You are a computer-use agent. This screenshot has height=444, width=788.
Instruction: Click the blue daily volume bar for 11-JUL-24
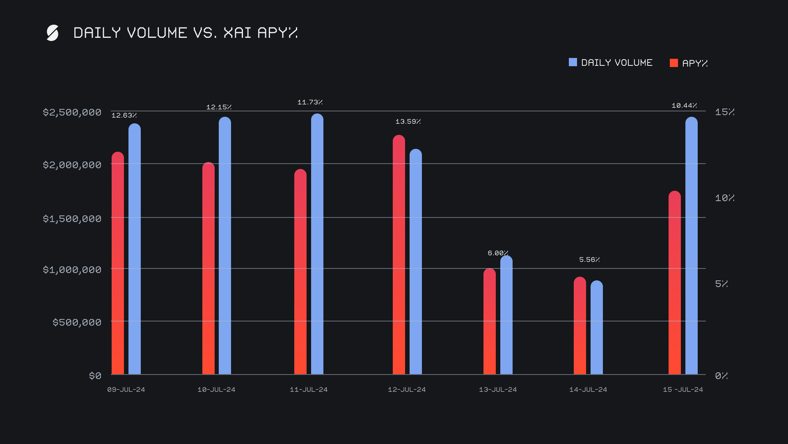[317, 244]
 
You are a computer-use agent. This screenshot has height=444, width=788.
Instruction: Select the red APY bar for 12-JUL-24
[399, 255]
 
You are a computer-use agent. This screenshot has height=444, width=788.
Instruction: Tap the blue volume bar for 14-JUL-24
[596, 328]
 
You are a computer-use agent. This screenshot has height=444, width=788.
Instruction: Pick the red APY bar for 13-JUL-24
[489, 321]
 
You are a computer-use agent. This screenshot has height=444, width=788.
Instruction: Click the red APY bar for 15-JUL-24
[674, 283]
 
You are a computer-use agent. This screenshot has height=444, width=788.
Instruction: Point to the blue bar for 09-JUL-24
[134, 249]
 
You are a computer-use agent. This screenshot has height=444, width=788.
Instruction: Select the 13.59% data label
[408, 122]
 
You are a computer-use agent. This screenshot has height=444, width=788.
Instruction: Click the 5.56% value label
[589, 260]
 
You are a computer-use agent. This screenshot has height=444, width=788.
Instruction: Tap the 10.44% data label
[684, 106]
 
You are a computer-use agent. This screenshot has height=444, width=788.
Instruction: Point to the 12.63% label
[124, 116]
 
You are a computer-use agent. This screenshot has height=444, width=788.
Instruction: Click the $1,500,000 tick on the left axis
[72, 219]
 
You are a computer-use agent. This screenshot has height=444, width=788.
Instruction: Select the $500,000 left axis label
[77, 322]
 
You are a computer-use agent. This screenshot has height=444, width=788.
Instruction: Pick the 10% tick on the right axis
[724, 198]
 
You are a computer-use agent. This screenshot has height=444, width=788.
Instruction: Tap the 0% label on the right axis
[721, 376]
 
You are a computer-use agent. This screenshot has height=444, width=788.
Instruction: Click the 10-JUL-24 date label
[216, 390]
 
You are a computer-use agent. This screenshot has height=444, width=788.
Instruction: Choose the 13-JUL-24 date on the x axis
[498, 390]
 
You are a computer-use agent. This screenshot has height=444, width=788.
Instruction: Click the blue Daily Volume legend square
[573, 62]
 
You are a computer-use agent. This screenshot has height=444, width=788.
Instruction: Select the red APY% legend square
[673, 63]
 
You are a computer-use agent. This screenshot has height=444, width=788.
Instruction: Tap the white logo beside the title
[53, 33]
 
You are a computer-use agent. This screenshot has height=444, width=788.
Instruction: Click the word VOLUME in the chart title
[157, 33]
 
